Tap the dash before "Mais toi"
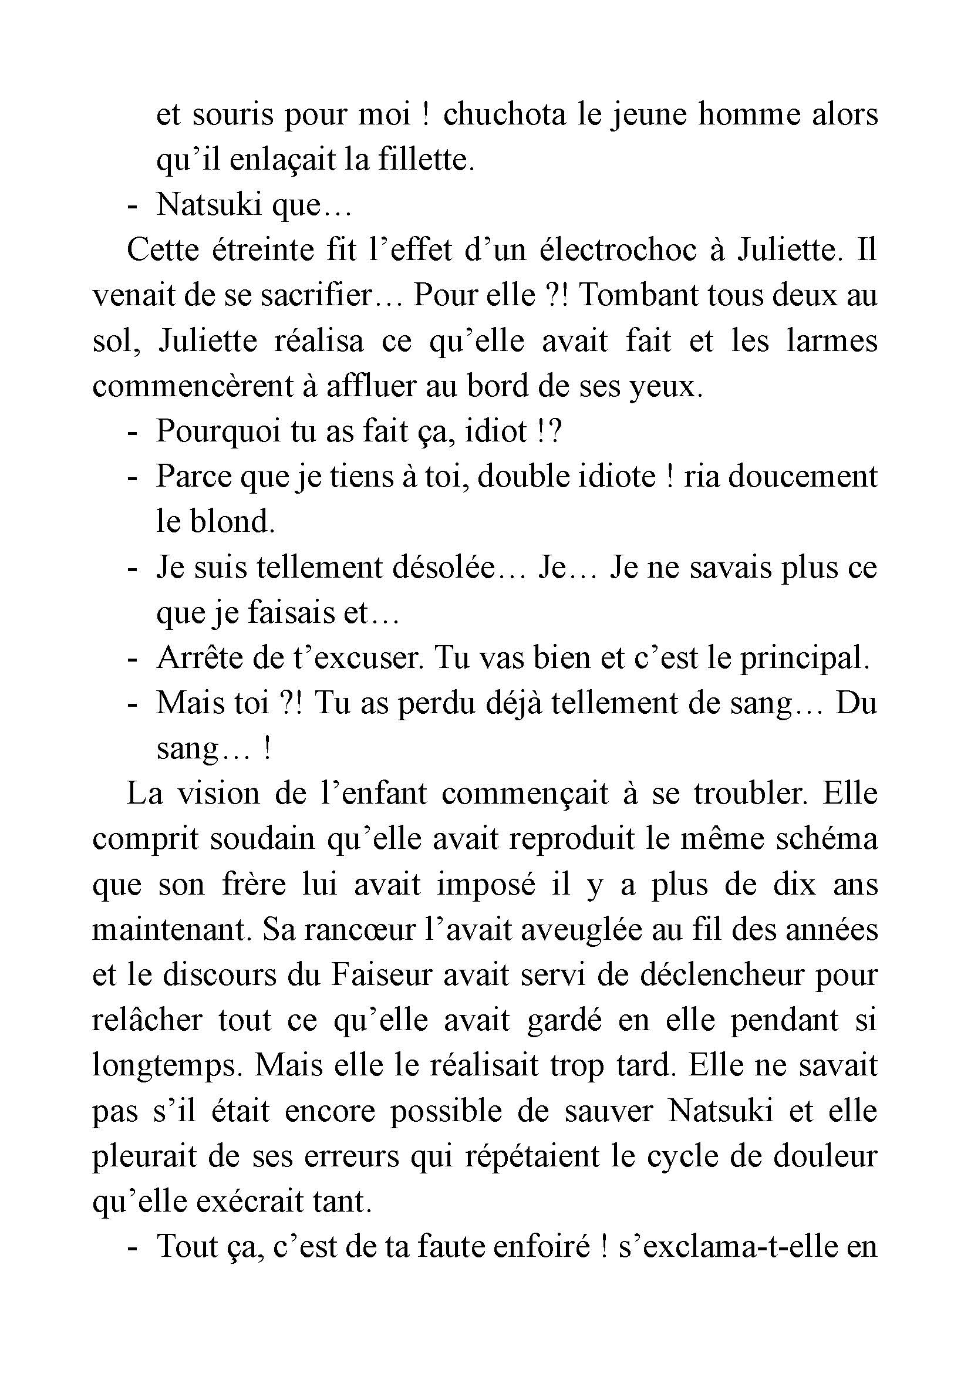(x=132, y=703)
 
